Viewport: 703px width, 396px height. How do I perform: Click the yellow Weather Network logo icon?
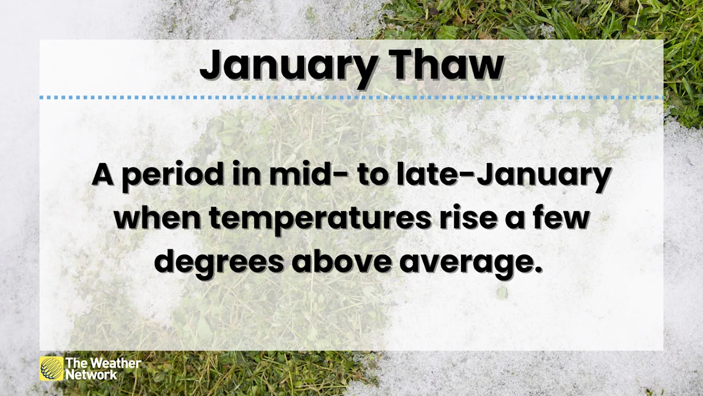(52, 368)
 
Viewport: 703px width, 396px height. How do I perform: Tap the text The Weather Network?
(103, 368)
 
